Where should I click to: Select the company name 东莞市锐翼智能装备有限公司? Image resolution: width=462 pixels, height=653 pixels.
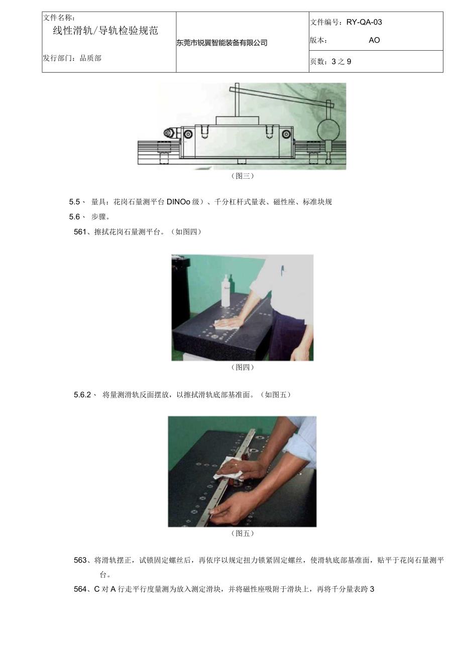222,43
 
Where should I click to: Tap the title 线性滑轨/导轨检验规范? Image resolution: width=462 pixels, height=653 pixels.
105,31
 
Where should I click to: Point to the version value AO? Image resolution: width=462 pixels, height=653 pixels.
374,40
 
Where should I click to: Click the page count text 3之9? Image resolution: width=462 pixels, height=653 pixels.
341,62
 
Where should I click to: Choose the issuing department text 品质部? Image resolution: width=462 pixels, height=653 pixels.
90,58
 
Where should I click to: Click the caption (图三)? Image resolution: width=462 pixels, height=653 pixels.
243,176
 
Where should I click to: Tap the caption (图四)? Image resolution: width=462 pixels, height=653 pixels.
243,367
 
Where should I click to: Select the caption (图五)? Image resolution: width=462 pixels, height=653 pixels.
243,534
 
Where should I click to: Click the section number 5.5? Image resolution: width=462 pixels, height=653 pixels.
75,202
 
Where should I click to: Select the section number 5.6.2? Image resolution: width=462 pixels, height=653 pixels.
82,395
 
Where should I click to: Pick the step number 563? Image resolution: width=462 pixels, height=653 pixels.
80,560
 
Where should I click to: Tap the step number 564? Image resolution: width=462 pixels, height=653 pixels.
80,589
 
